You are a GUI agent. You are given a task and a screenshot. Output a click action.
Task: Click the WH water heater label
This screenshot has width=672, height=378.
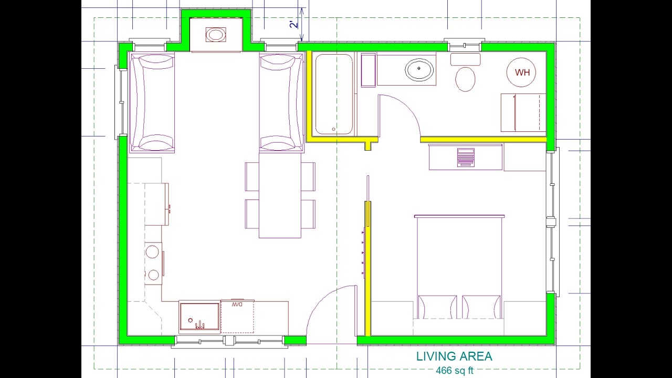(522, 72)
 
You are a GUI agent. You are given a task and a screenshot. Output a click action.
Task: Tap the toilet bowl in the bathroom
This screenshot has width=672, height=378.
(465, 79)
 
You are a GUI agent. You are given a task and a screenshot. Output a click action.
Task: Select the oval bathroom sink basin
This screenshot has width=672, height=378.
(419, 69)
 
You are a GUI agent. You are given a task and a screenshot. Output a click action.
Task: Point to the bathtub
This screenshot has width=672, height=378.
(334, 94)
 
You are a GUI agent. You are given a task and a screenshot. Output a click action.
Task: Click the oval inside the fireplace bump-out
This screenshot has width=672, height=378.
(215, 35)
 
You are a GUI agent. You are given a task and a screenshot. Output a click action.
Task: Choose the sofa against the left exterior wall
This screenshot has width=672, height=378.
(152, 103)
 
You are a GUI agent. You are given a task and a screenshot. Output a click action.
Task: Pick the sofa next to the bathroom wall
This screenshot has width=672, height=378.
(281, 103)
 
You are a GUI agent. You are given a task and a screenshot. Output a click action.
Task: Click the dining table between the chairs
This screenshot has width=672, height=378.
(280, 195)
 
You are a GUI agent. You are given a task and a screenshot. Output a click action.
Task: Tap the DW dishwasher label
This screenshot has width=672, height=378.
(237, 304)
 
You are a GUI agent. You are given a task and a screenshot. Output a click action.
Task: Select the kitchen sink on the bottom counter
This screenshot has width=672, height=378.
(199, 317)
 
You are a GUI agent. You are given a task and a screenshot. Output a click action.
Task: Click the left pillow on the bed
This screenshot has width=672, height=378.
(437, 307)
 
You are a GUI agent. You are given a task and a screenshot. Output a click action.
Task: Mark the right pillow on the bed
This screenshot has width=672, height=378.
(481, 307)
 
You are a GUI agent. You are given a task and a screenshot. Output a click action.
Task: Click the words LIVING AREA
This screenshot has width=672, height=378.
(454, 356)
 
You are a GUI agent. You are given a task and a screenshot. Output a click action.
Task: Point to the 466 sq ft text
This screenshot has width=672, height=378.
(454, 371)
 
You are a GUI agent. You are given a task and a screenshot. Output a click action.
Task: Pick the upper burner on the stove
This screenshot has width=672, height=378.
(152, 252)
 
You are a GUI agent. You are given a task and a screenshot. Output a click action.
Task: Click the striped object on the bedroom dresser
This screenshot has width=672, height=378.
(466, 157)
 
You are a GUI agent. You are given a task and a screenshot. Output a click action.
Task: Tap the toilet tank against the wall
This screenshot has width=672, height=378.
(465, 59)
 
